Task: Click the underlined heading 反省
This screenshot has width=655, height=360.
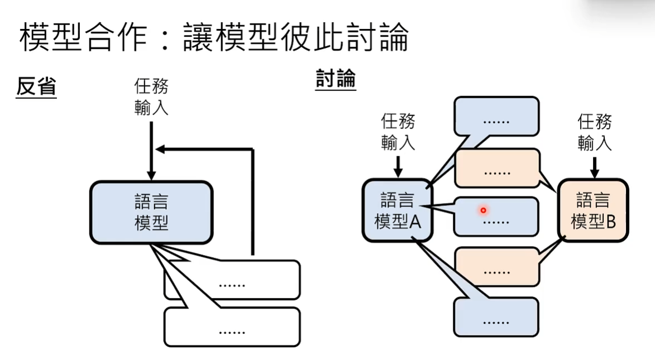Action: click(x=36, y=87)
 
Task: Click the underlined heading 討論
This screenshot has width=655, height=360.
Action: click(x=336, y=79)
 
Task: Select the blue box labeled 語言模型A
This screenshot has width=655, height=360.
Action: click(x=397, y=210)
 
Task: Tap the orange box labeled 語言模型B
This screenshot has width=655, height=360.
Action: click(x=593, y=210)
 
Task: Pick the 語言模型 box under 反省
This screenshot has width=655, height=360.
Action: click(x=151, y=213)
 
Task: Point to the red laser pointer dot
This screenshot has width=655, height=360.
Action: click(x=483, y=210)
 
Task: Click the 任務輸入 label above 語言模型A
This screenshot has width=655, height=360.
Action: click(x=398, y=132)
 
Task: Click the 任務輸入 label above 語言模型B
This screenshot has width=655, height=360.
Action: click(x=595, y=132)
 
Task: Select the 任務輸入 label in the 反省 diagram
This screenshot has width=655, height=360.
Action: click(x=151, y=97)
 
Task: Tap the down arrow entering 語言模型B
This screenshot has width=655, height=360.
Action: click(x=595, y=167)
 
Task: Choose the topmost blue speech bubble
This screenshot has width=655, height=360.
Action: click(x=496, y=117)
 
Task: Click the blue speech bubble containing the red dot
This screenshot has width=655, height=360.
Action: click(x=496, y=216)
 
